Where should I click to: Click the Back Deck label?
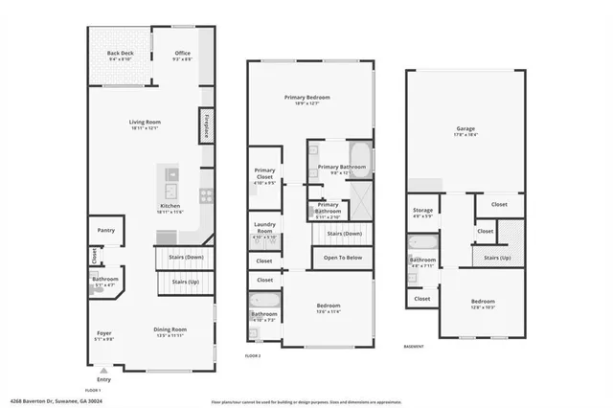coord(120,54)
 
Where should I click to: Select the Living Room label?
coord(146,122)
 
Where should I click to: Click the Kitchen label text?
coord(170,207)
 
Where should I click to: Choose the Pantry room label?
coord(106,230)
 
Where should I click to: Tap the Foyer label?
coord(103,333)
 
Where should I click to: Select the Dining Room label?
coord(170,331)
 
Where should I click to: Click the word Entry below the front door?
coord(103,380)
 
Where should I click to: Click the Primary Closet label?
coord(264,172)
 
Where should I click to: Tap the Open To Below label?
coord(342,259)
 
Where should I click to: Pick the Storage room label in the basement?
coord(422,211)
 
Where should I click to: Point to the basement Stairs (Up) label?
coord(496,258)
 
